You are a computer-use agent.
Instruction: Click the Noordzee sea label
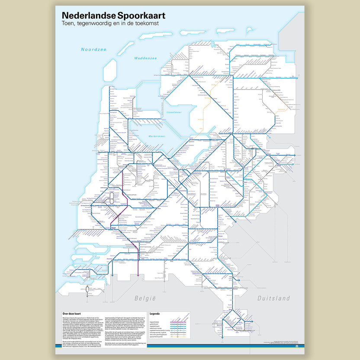coord(93,50)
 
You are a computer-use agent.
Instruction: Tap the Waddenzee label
coord(145,58)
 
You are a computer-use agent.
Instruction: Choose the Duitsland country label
coord(273,299)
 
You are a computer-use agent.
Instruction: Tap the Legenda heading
coord(155,313)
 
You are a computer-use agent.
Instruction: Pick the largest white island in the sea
coord(110,69)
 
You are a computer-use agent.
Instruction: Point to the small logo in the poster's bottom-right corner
coord(297,346)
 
